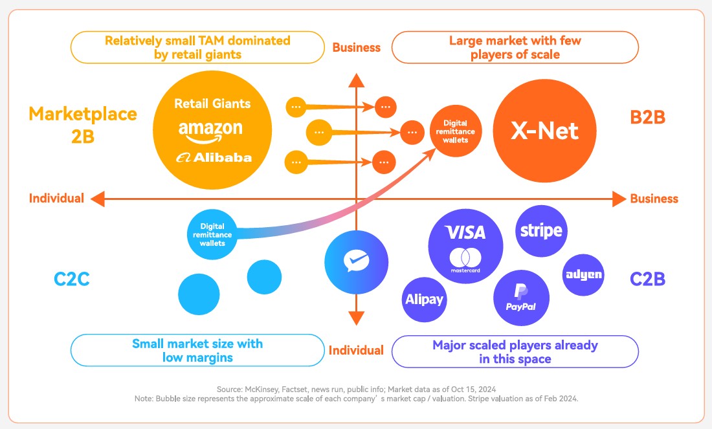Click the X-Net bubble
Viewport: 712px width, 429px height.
click(545, 131)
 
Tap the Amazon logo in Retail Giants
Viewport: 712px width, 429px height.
click(210, 130)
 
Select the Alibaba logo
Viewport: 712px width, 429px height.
click(213, 157)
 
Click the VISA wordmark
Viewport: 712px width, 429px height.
click(465, 232)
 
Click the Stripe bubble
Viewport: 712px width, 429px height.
click(541, 230)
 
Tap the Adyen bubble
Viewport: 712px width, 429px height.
click(583, 274)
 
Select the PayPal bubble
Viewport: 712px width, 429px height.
click(520, 298)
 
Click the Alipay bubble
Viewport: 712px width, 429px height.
click(425, 299)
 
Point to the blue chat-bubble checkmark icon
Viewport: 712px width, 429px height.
click(356, 262)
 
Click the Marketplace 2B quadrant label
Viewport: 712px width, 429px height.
click(83, 124)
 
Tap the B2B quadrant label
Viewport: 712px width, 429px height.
click(647, 117)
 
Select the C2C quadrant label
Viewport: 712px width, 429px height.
click(71, 280)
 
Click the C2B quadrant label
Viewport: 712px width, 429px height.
click(647, 280)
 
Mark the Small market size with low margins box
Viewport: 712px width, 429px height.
click(197, 350)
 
